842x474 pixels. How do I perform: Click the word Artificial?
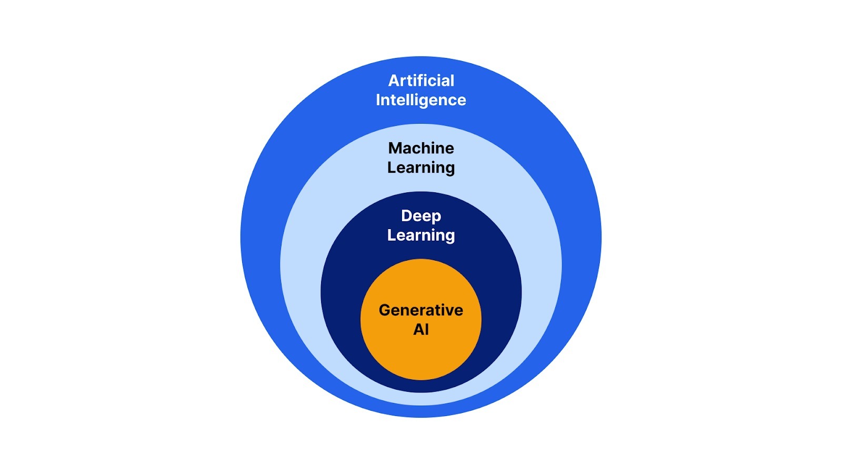[421, 81]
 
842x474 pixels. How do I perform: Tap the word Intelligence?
[421, 100]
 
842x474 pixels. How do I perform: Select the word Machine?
[421, 148]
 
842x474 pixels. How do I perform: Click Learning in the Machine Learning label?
[421, 167]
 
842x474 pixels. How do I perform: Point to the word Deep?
[421, 216]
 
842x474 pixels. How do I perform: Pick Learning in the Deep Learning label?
[421, 235]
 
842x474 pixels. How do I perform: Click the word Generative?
[421, 310]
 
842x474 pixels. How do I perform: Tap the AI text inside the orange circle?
[421, 330]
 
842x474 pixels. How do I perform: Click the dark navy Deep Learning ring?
[342, 295]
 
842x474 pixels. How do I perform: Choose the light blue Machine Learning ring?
[300, 263]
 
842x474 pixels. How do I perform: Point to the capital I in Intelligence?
[378, 100]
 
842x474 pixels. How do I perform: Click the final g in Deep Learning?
[449, 236]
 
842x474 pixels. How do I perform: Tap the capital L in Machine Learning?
[391, 167]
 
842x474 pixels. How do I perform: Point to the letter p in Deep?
[436, 217]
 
